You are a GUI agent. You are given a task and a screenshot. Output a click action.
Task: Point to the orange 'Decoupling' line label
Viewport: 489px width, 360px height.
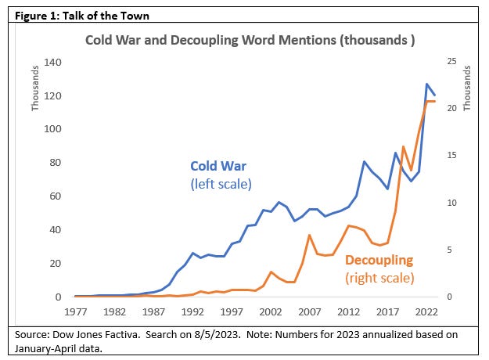point(379,260)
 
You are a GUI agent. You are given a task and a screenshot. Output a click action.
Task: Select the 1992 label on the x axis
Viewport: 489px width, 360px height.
point(192,311)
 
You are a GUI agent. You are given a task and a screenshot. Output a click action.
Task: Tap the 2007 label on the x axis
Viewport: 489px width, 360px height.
point(309,311)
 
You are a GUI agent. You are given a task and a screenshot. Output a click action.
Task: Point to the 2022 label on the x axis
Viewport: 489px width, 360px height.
point(426,311)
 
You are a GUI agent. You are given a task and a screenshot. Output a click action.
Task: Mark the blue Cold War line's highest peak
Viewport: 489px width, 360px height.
point(426,84)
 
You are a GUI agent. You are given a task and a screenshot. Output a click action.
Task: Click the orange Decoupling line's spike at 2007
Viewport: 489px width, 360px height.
point(310,235)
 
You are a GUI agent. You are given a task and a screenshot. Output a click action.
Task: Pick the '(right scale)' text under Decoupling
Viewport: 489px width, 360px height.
point(379,276)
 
